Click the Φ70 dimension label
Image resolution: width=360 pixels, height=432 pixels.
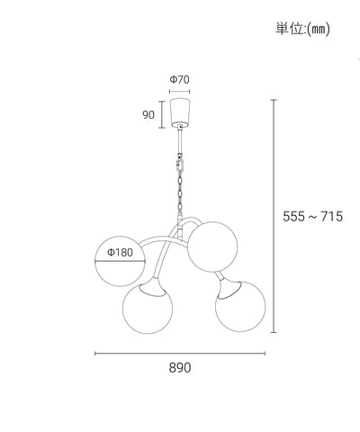pyautogui.click(x=180, y=79)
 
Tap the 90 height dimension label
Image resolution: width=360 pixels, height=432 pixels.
pyautogui.click(x=148, y=114)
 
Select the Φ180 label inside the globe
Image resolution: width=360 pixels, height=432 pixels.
pyautogui.click(x=120, y=252)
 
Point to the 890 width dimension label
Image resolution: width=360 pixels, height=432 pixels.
pyautogui.click(x=180, y=368)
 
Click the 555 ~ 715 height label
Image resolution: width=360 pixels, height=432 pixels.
pyautogui.click(x=312, y=216)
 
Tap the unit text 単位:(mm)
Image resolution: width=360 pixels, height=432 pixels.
pyautogui.click(x=302, y=29)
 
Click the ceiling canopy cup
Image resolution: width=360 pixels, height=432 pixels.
pyautogui.click(x=180, y=112)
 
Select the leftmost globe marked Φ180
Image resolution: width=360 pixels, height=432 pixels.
pyautogui.click(x=120, y=261)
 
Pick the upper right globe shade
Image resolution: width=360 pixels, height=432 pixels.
pyautogui.click(x=212, y=247)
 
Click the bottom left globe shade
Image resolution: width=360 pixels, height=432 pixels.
pyautogui.click(x=148, y=309)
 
